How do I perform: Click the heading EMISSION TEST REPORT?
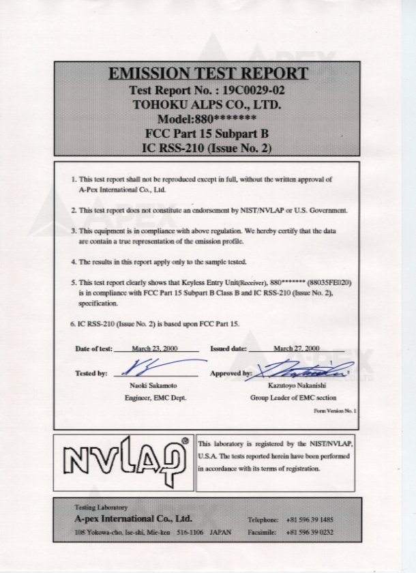[x=208, y=74]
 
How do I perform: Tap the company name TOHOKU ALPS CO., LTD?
[x=207, y=105]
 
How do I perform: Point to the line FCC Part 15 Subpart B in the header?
[x=207, y=133]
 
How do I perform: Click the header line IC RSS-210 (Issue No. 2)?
[x=207, y=147]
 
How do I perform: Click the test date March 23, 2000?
[x=155, y=348]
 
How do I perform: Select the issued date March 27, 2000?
[x=297, y=348]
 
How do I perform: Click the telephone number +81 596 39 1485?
[x=310, y=520]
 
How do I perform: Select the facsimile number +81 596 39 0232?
[x=310, y=531]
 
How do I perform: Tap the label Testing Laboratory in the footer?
[x=100, y=508]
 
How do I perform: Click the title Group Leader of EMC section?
[x=293, y=398]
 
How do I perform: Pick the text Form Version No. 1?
[x=335, y=411]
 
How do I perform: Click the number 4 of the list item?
[x=74, y=262]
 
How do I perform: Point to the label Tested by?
[x=91, y=373]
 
